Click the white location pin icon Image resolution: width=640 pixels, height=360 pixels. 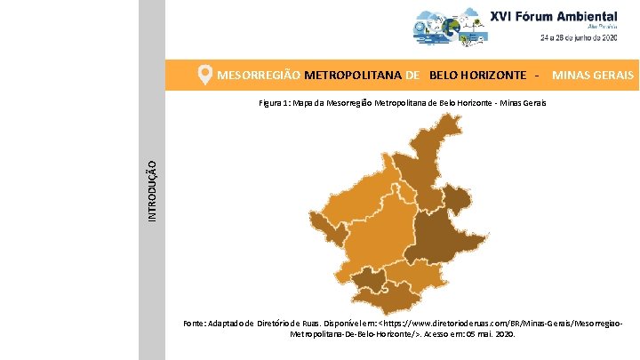click(204, 76)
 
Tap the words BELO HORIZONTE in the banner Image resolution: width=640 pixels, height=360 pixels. click(476, 76)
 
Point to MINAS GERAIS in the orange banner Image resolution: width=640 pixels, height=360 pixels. click(593, 76)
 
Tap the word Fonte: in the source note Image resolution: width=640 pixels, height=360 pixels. click(195, 323)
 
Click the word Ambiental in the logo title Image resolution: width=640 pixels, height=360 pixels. click(583, 16)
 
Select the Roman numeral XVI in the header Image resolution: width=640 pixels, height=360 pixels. click(503, 16)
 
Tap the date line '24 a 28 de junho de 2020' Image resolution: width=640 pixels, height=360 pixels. click(580, 38)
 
